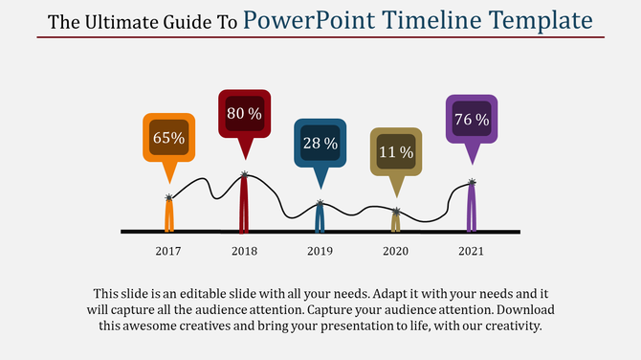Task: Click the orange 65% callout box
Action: [x=169, y=137]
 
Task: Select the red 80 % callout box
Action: [x=244, y=113]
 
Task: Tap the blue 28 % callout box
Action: [x=320, y=143]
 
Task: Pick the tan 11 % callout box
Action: [x=396, y=151]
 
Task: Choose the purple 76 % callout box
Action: [x=471, y=119]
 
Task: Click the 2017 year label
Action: [x=168, y=251]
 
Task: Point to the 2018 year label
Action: [x=244, y=251]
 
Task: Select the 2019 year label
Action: [x=320, y=251]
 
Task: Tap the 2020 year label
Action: [x=395, y=251]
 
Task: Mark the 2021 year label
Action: [x=471, y=251]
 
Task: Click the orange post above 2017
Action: [x=169, y=215]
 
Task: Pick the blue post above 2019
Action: [x=320, y=217]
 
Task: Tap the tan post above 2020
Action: [x=396, y=221]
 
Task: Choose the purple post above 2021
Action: [x=471, y=208]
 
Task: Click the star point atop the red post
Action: [x=245, y=174]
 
